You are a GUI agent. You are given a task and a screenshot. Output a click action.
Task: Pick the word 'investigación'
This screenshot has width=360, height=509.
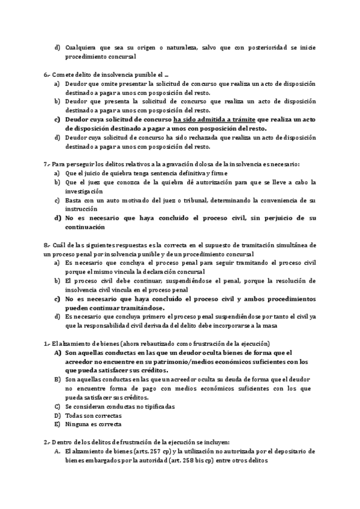coord(86,191)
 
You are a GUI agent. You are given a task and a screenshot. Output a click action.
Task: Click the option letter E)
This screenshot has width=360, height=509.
coord(58,424)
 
